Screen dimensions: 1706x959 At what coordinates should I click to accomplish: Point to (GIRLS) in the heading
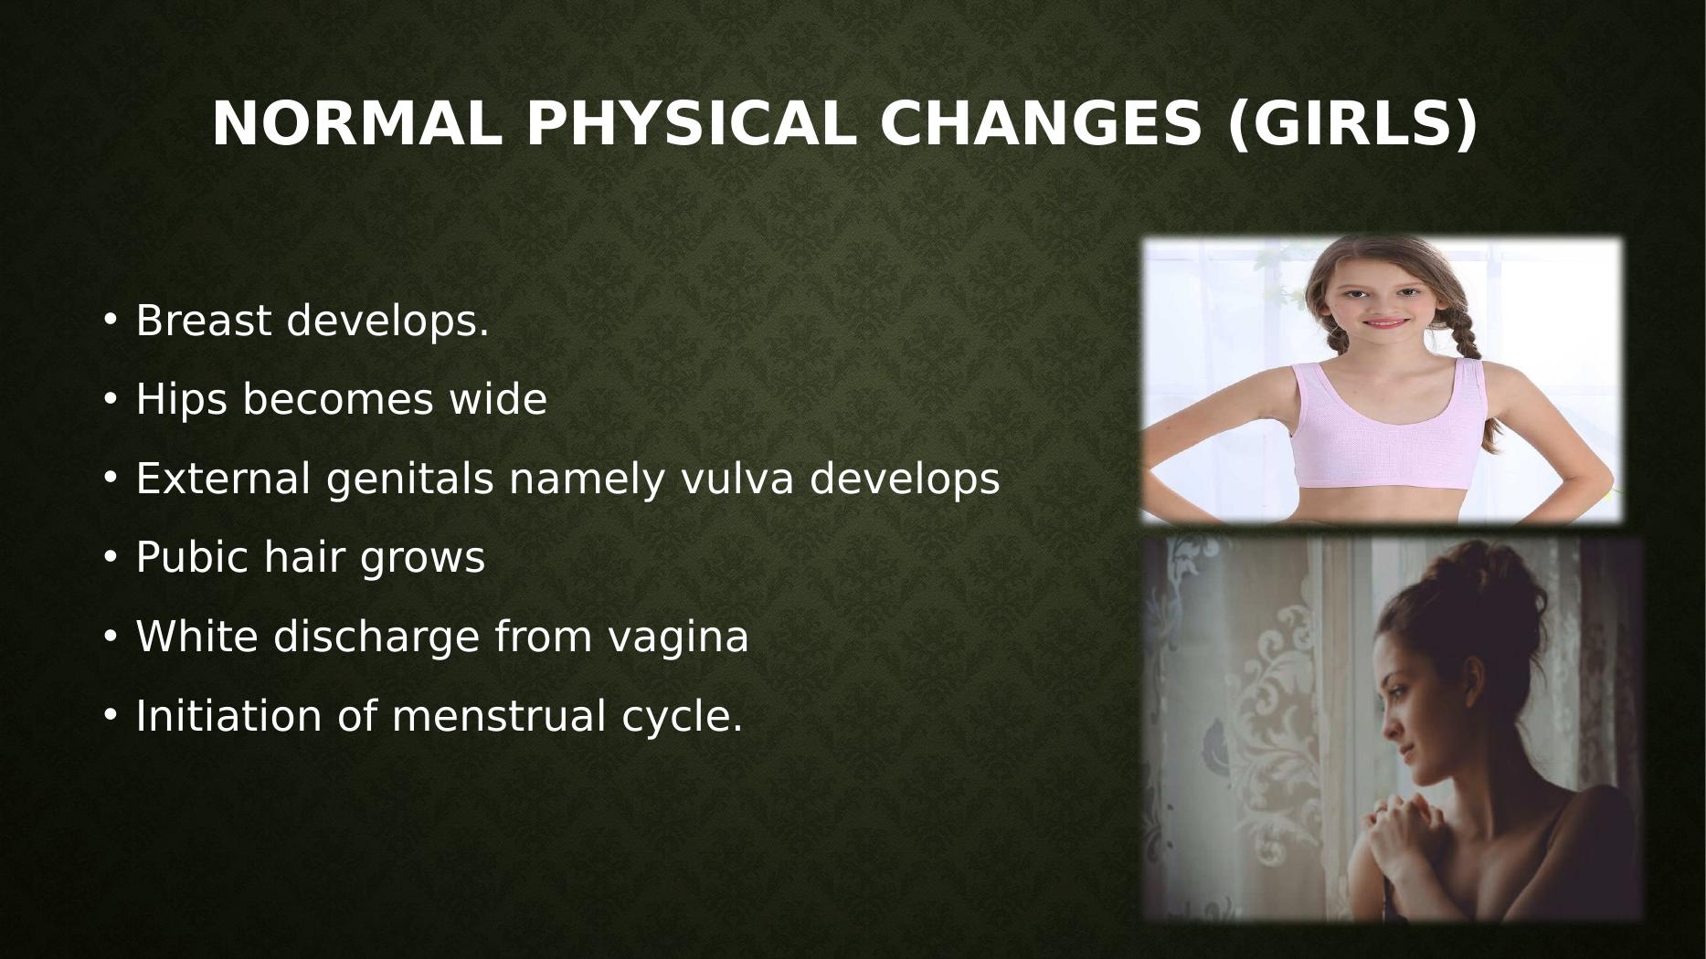pos(1351,124)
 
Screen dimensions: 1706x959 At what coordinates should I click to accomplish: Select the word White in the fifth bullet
pos(196,637)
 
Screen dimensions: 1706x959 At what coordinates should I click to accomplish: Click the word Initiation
pos(228,715)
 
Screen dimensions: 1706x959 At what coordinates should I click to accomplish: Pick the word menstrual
pos(499,715)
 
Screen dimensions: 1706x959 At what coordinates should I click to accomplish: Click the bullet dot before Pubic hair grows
pos(111,557)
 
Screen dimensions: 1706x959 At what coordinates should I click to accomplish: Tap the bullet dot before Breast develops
pos(111,321)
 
